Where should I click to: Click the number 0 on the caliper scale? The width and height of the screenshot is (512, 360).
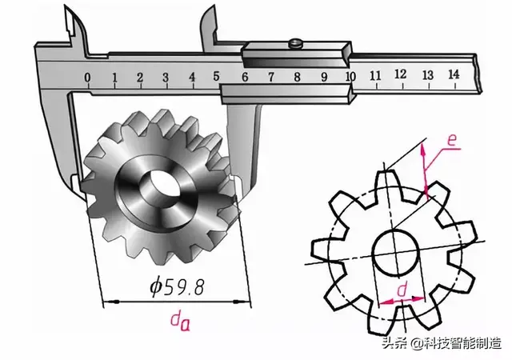pos(87,78)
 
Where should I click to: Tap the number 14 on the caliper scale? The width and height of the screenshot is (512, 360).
pos(454,74)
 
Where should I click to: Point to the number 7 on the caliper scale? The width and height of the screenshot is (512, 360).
pos(271,77)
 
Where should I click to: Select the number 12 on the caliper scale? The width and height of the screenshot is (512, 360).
pos(400,74)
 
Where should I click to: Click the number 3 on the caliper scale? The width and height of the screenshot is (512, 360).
pos(166,78)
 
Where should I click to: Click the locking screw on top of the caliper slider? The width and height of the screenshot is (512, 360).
pos(295,42)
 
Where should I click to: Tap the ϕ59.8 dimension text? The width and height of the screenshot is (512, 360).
pos(178,286)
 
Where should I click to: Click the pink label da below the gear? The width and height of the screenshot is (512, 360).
pos(180,321)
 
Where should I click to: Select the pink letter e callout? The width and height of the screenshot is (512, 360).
pos(451,140)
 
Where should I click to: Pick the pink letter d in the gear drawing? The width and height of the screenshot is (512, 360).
pos(402,290)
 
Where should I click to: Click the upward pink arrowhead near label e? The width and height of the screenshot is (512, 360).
pos(423,149)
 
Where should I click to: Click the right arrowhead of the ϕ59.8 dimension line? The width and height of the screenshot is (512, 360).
pos(243,302)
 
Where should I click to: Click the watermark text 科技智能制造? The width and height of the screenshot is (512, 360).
pos(462,343)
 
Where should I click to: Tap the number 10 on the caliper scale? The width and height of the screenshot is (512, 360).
pos(350,76)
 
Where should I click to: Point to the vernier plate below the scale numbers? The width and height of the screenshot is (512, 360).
pos(286,94)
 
